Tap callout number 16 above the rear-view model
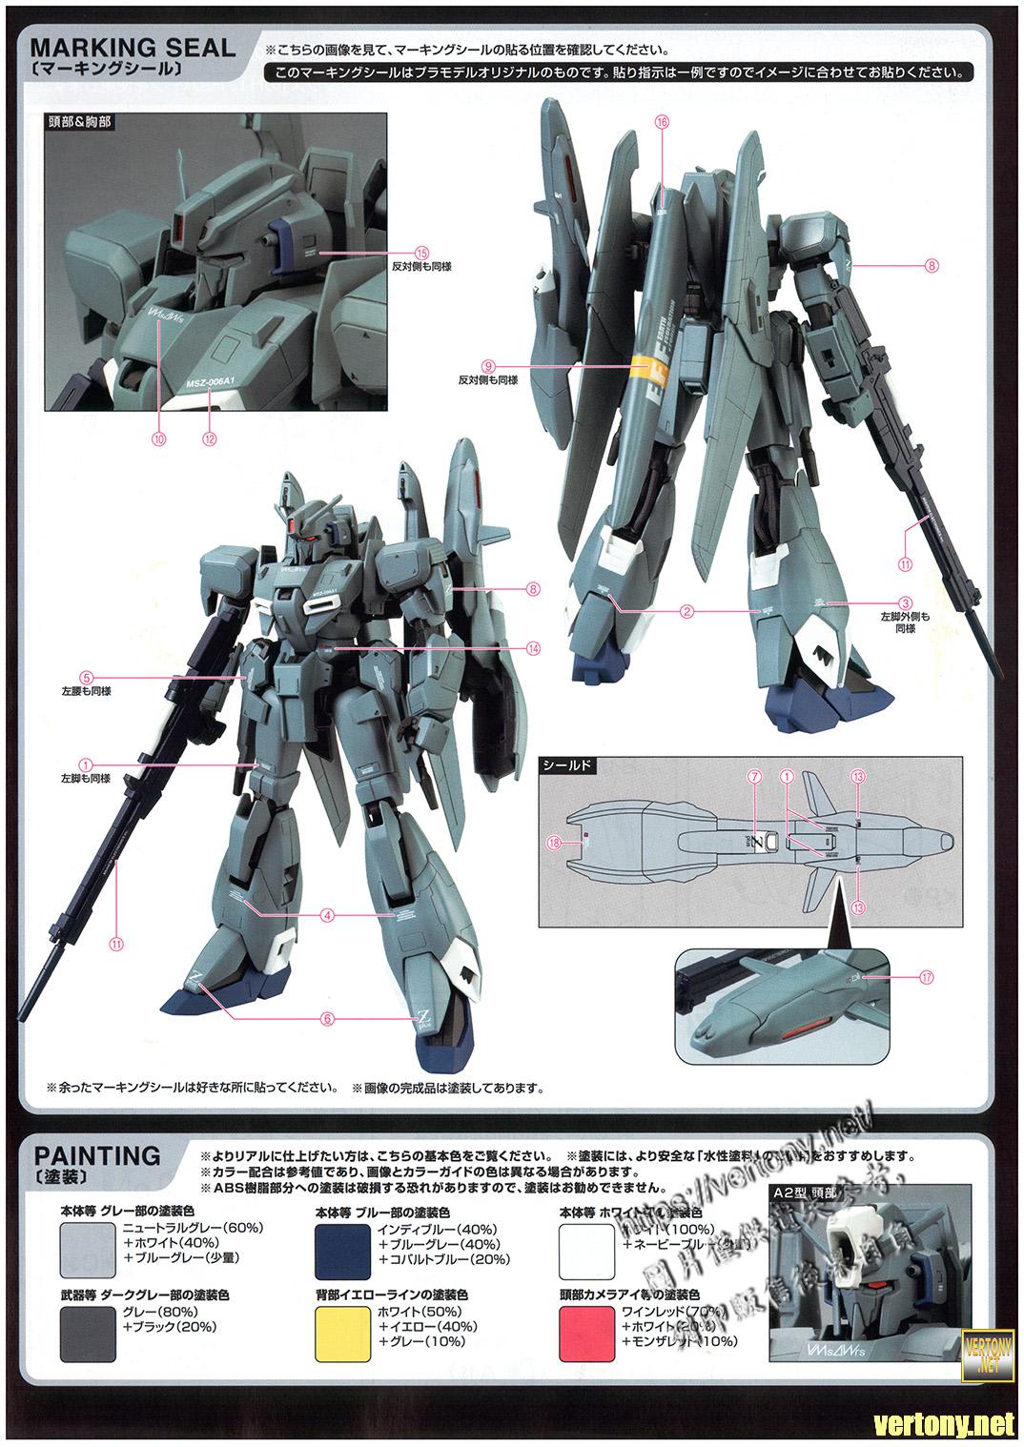(x=663, y=121)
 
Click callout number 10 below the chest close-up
(x=158, y=438)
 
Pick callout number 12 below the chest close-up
(x=209, y=438)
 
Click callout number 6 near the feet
(x=328, y=1017)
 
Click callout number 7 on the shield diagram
(x=755, y=777)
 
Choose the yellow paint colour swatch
(x=342, y=1333)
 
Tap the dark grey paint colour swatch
(x=87, y=1333)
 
